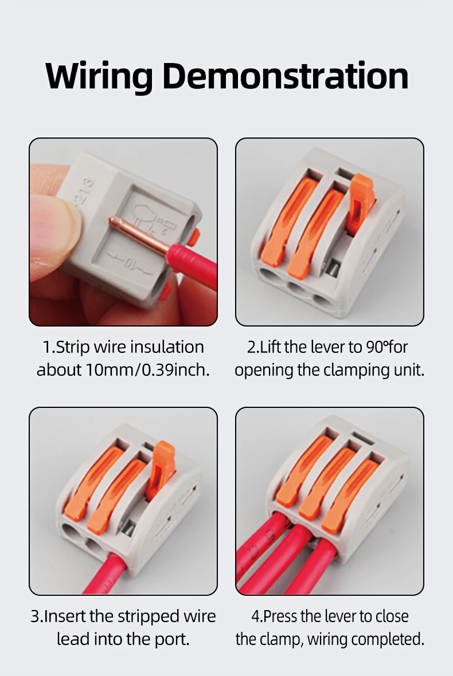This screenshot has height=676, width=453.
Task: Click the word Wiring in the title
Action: click(x=99, y=76)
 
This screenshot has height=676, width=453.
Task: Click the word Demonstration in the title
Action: click(x=285, y=76)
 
